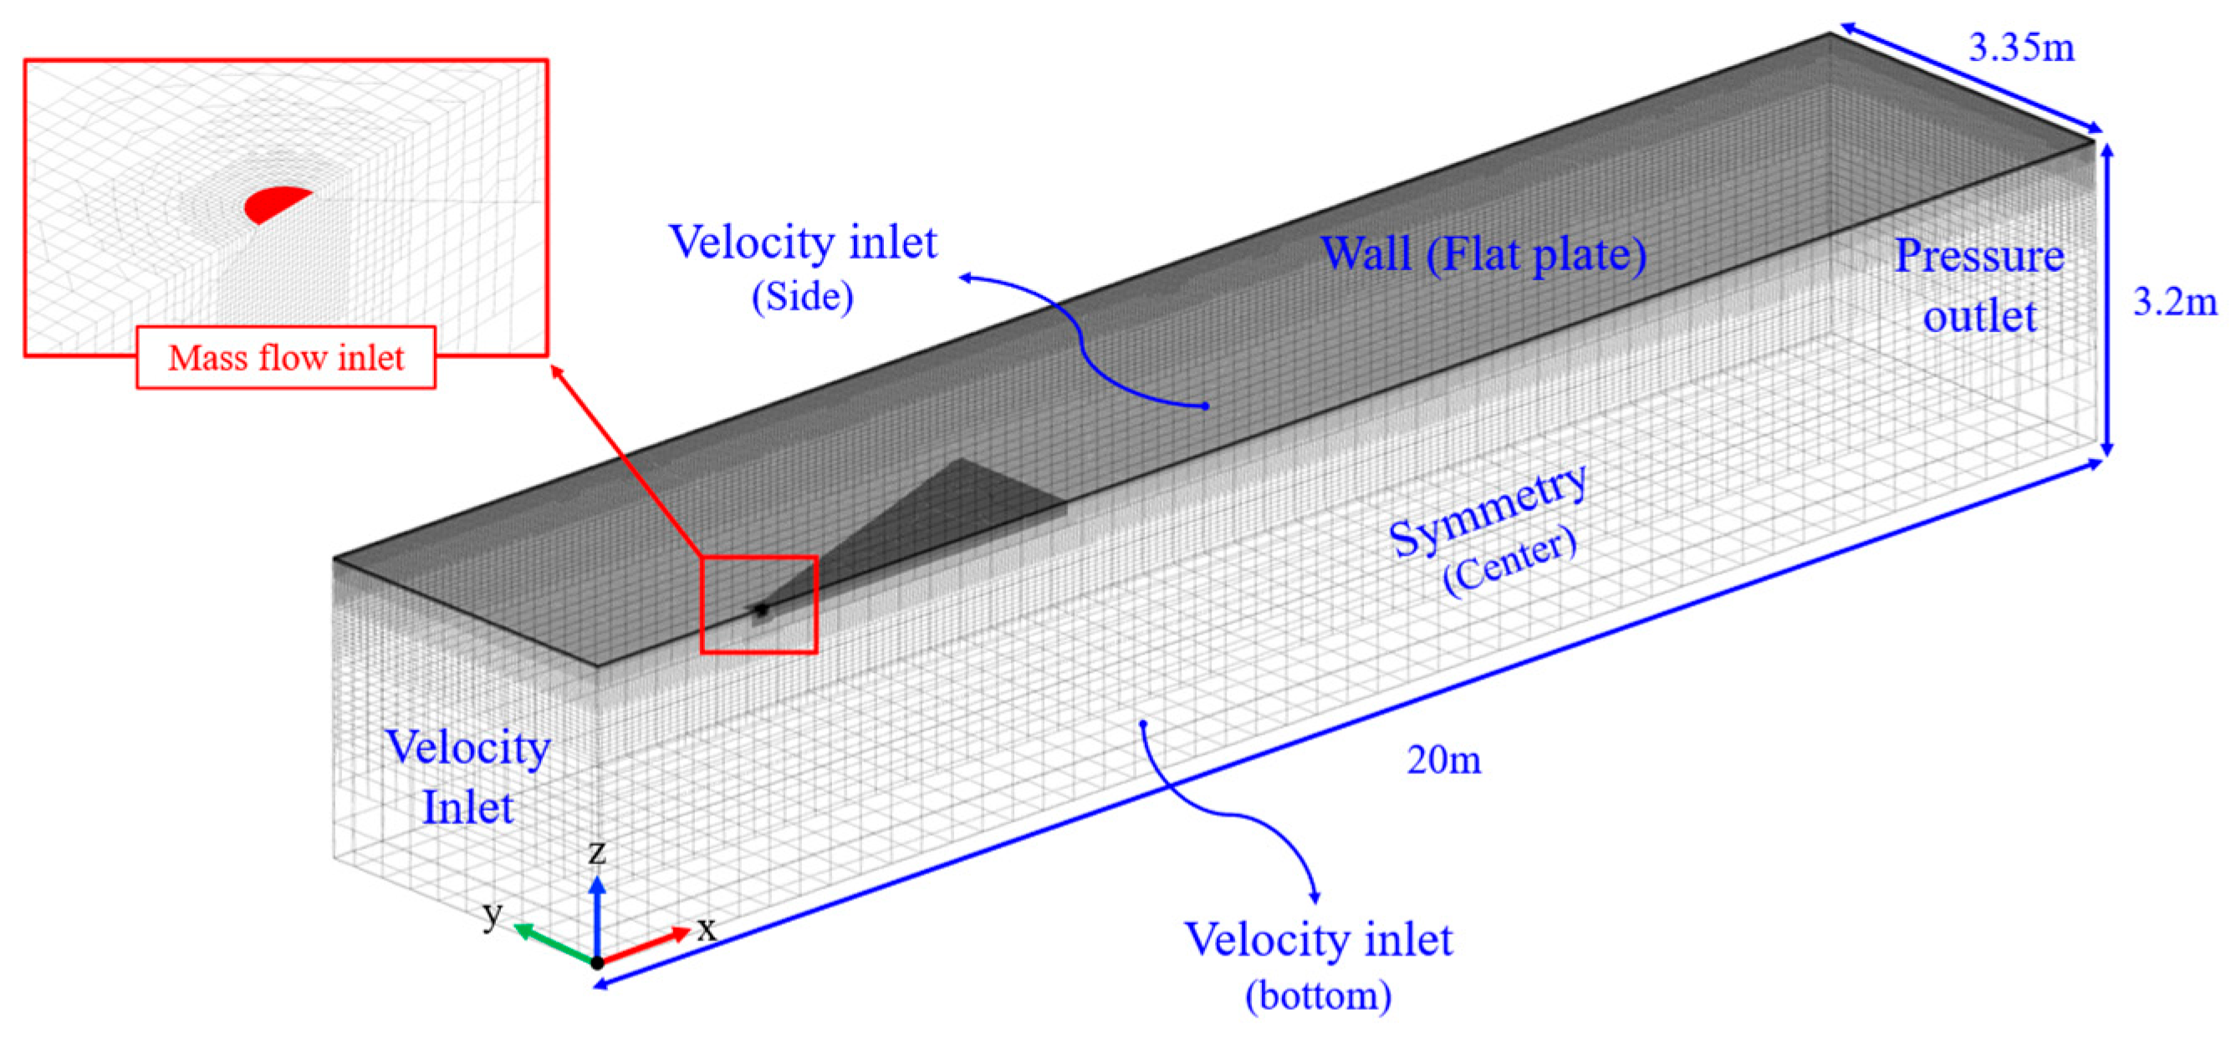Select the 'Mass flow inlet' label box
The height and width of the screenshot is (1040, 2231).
click(x=286, y=358)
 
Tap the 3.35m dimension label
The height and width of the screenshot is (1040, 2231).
click(x=2021, y=47)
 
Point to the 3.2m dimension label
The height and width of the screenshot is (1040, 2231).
click(x=2175, y=300)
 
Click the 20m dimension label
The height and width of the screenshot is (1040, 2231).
click(x=1444, y=759)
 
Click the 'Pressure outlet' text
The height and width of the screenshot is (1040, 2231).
click(x=1979, y=286)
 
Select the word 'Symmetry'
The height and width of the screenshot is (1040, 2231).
click(x=1488, y=510)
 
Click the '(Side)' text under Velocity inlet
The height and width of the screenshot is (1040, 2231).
click(x=802, y=296)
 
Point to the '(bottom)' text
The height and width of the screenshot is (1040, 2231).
click(x=1318, y=995)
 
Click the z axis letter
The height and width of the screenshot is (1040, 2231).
click(x=597, y=852)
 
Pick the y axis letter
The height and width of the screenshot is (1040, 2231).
click(x=493, y=913)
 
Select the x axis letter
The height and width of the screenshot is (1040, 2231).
click(x=707, y=928)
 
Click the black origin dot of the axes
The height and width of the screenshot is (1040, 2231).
click(x=597, y=962)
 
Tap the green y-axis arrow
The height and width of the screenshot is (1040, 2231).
click(x=551, y=943)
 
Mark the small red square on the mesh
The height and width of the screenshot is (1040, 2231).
click(x=758, y=604)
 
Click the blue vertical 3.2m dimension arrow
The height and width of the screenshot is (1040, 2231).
click(x=2107, y=298)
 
